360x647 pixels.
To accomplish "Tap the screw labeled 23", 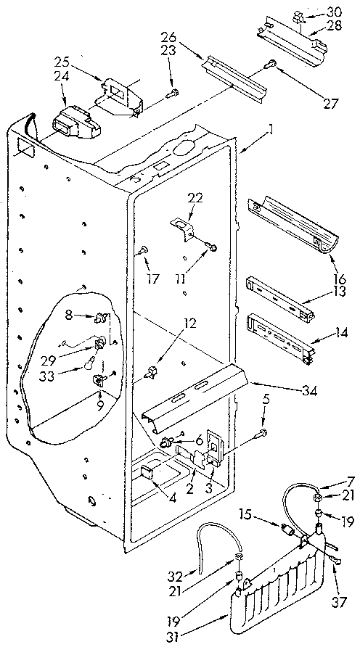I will (x=173, y=92).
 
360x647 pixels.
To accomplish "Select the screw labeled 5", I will (x=262, y=434).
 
